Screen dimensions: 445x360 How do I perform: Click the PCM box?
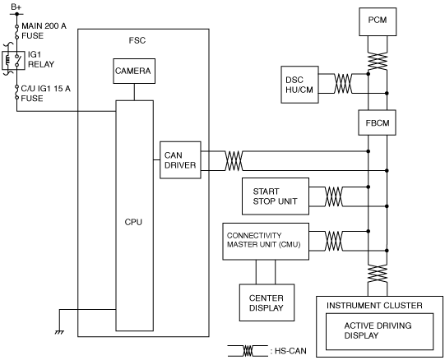coord(378,21)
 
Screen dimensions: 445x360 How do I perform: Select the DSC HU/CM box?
coord(299,85)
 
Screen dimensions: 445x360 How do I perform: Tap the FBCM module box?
coord(378,122)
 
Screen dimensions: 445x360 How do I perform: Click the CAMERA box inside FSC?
coord(134,71)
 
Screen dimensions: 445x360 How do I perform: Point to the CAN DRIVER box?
coord(180,160)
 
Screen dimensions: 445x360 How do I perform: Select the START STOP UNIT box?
coord(276,196)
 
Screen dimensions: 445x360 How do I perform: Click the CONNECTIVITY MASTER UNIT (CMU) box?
coord(266,242)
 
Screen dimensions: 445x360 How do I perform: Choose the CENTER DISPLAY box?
coord(267,302)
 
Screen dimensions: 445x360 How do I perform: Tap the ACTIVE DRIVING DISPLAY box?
coord(379,331)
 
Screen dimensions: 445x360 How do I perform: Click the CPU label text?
coord(133,222)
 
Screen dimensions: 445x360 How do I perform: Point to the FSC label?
coord(137,40)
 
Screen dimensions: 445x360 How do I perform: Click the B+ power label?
coord(16,7)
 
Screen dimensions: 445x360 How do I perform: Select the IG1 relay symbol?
coord(13,60)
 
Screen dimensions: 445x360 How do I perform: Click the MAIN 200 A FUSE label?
coord(44,31)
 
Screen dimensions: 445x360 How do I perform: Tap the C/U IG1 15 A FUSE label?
coord(46,94)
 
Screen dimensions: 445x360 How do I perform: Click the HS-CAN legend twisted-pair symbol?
coord(248,351)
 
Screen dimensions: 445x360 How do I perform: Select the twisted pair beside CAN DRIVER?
coord(234,161)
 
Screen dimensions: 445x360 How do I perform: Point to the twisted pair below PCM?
coord(378,61)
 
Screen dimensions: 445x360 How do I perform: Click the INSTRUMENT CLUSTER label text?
coord(374,306)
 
